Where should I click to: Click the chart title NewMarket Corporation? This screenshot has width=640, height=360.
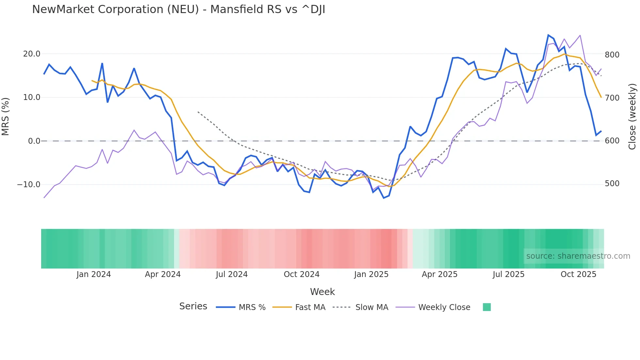[x=178, y=9]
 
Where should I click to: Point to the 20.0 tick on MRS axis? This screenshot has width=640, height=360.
[x=32, y=54]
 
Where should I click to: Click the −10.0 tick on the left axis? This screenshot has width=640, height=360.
[x=29, y=185]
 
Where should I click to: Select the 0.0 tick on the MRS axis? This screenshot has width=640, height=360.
[x=34, y=141]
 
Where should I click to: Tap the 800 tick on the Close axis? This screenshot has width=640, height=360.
[x=612, y=55]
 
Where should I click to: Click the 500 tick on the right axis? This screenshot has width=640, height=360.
[x=612, y=184]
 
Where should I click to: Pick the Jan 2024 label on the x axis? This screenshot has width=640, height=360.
[x=94, y=274]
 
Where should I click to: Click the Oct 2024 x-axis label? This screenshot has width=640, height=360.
[x=301, y=274]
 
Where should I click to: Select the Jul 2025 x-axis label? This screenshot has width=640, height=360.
[x=508, y=274]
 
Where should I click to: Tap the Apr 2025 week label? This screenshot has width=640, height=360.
[x=440, y=274]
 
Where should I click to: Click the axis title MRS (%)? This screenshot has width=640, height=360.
[x=6, y=117]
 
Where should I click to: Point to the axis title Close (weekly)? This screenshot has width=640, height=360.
[x=632, y=117]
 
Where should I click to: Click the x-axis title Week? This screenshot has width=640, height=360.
[x=322, y=292]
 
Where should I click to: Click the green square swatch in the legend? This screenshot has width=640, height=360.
[x=487, y=307]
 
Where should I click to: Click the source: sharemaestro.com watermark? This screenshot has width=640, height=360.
[x=578, y=256]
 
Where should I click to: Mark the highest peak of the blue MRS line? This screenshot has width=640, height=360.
[x=548, y=35]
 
